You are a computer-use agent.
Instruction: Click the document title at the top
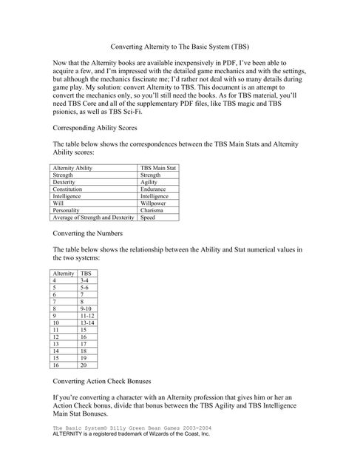pyautogui.click(x=180, y=46)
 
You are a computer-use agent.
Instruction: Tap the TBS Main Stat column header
pyautogui.click(x=157, y=169)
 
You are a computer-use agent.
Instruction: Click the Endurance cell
pyautogui.click(x=154, y=189)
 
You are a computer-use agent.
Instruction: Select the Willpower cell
pyautogui.click(x=154, y=203)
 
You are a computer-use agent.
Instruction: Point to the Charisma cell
pyautogui.click(x=152, y=211)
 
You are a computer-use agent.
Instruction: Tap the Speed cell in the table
pyautogui.click(x=148, y=218)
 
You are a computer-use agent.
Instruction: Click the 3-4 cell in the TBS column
pyautogui.click(x=85, y=281)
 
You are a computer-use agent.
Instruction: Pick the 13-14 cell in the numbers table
pyautogui.click(x=86, y=323)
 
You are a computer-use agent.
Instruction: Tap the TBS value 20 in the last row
pyautogui.click(x=84, y=365)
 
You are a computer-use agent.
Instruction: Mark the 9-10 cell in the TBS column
pyautogui.click(x=86, y=309)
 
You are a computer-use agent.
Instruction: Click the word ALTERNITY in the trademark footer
pyautogui.click(x=72, y=435)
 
